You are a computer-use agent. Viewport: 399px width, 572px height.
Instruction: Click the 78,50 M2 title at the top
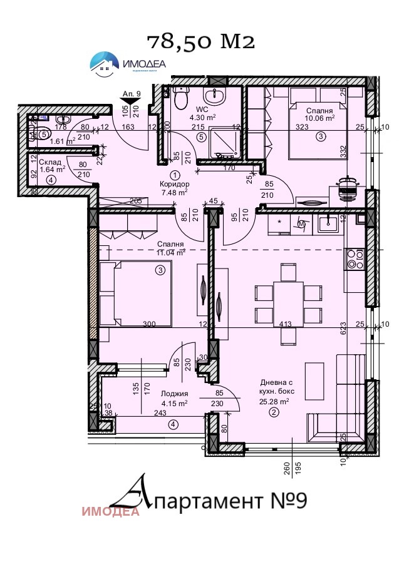pos(201,41)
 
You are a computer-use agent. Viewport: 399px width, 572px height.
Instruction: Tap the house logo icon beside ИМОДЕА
pos(104,63)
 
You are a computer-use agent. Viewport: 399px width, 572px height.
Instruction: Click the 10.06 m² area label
pos(320,117)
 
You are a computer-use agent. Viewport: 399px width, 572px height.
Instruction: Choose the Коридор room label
pos(175,185)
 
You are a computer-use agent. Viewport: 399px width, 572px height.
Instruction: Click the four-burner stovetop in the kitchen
pos(355,258)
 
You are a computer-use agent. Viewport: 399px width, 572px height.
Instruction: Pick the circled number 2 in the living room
pos(274,412)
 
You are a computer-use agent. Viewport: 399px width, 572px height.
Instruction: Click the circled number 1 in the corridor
pos(175,175)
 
